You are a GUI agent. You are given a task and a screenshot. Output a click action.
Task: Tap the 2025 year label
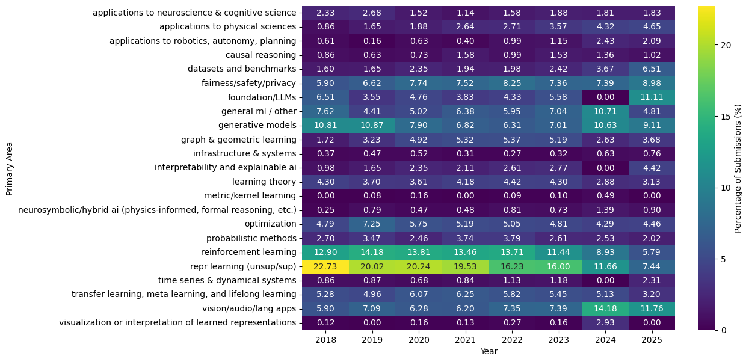click(x=652, y=340)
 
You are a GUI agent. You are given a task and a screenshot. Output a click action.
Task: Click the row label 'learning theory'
click(x=264, y=182)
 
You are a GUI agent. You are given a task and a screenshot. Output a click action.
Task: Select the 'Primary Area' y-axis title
click(x=9, y=168)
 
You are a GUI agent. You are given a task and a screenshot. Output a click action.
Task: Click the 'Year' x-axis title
click(x=488, y=352)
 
